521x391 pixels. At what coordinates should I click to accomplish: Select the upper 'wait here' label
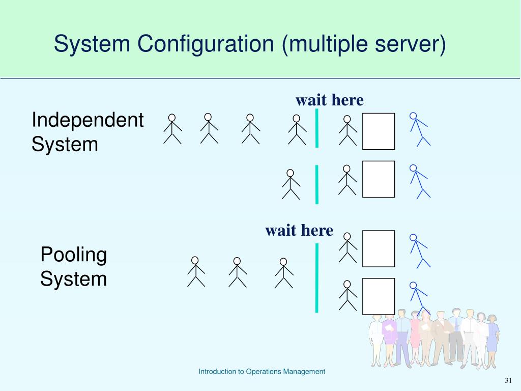coord(330,100)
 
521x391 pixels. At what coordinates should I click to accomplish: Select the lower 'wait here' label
coord(299,231)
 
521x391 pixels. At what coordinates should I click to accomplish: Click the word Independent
coord(88,121)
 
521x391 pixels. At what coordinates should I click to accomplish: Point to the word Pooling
coord(74,255)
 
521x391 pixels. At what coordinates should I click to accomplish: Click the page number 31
coord(508,381)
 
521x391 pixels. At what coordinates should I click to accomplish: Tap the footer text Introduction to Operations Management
coord(262,372)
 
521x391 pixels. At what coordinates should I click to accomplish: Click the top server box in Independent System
coord(379,131)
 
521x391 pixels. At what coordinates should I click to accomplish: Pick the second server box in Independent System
coord(379,179)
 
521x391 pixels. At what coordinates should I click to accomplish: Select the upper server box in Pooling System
coord(379,248)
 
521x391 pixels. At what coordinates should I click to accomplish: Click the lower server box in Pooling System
coord(379,296)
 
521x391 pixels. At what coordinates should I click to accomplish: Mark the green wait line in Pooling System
coord(317,277)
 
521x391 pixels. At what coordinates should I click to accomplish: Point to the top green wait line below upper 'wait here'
coord(317,128)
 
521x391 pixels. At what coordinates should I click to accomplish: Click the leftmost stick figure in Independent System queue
coord(172,129)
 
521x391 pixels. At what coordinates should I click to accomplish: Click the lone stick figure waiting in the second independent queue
coord(291,184)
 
